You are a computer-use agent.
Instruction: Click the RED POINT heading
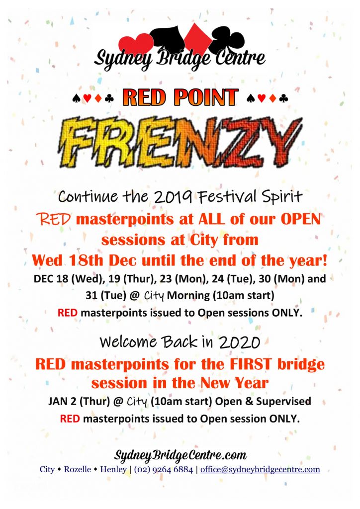[x=180, y=97]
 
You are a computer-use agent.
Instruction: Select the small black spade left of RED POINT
[x=77, y=98]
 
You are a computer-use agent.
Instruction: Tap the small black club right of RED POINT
[x=283, y=98]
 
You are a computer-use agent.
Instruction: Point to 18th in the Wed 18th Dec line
[x=86, y=260]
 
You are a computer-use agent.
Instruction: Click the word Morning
[x=188, y=296]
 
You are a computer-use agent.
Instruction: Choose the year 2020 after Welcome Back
[x=240, y=342]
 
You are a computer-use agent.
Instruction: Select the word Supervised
[x=283, y=402]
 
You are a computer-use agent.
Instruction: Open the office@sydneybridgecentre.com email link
[x=260, y=469]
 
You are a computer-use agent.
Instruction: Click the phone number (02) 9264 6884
[x=163, y=469]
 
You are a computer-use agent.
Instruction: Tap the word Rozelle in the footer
[x=77, y=469]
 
